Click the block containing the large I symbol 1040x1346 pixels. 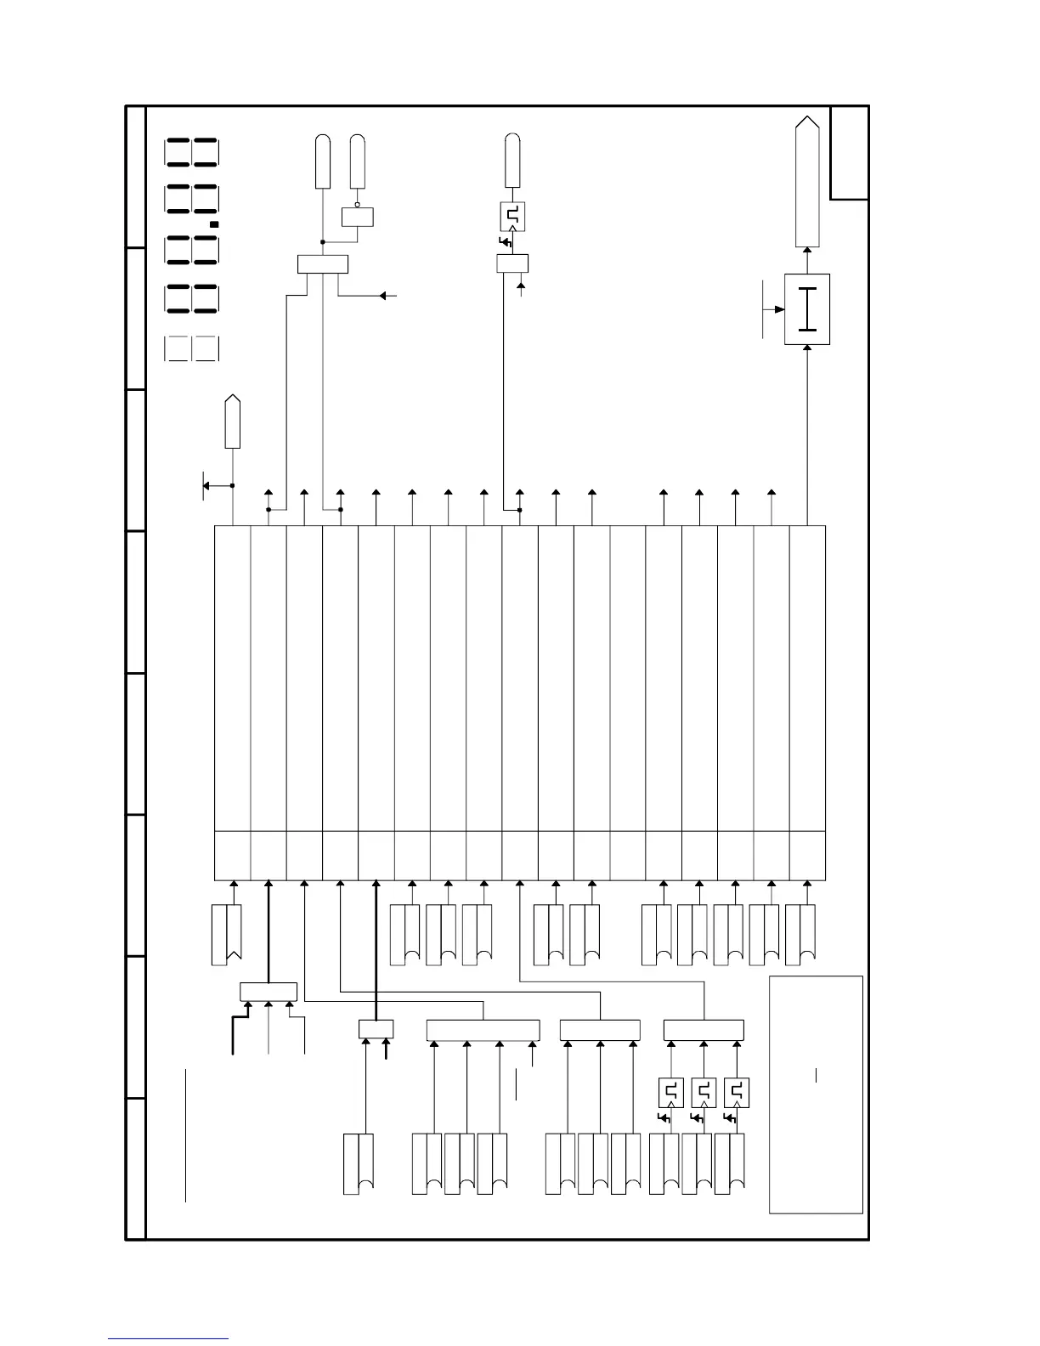pos(806,309)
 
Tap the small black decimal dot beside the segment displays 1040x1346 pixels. pos(215,224)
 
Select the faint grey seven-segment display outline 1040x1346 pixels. pos(192,349)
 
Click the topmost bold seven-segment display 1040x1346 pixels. pos(192,153)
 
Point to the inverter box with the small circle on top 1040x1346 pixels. pos(358,217)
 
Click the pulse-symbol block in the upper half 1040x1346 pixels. pos(512,217)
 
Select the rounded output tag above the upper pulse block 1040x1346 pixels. pos(512,161)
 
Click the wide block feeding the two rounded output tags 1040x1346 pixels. pos(323,264)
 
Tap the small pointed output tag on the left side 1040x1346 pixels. pos(232,421)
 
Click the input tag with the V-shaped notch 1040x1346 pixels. pos(226,934)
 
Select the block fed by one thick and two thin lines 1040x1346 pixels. pos(268,992)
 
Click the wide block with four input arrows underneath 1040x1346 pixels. pos(483,1030)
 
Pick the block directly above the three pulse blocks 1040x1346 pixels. pos(704,1030)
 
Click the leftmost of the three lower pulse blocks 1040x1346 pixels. pos(671,1092)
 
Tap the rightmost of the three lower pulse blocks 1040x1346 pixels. pos(737,1092)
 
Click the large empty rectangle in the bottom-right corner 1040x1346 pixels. pos(816,1094)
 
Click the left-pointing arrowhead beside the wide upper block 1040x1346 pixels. pos(384,296)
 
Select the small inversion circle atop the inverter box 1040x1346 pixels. pos(358,205)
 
